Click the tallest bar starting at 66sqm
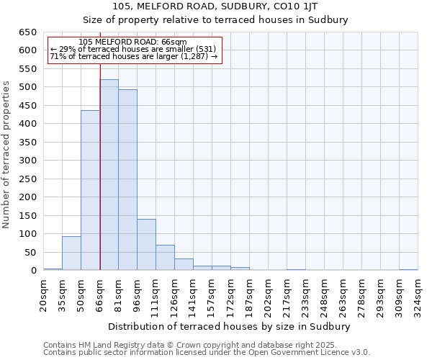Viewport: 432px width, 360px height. click(109, 175)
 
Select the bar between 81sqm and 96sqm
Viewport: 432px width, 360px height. click(127, 180)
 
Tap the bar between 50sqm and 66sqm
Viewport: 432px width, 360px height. click(90, 190)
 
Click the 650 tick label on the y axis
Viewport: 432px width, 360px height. click(28, 32)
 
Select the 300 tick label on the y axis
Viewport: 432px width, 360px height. click(28, 161)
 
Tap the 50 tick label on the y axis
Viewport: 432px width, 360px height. click(31, 252)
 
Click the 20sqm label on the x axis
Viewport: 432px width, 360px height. click(43, 294)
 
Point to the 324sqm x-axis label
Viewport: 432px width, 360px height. click(418, 294)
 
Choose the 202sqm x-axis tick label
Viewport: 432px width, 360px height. click(268, 294)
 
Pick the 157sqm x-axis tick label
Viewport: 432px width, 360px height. click(212, 294)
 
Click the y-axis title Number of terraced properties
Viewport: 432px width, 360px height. click(6, 155)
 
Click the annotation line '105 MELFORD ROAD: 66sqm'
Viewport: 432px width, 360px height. click(132, 42)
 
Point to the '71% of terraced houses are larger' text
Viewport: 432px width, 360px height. click(133, 56)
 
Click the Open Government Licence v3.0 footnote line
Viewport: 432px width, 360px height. click(207, 353)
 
